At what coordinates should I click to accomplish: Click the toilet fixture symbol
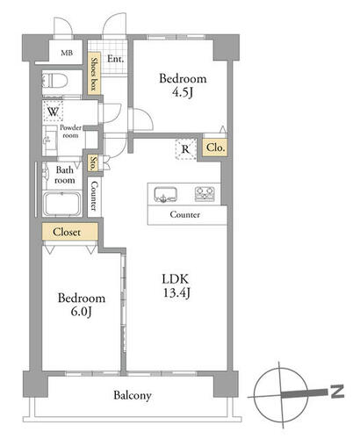click(55, 80)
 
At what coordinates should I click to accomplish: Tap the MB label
click(67, 53)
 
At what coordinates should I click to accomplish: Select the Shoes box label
click(94, 74)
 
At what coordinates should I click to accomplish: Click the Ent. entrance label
click(115, 59)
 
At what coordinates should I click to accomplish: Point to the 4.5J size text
click(183, 92)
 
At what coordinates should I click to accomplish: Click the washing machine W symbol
click(53, 112)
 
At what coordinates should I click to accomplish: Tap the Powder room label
click(70, 132)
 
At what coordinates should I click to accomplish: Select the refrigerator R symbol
click(185, 149)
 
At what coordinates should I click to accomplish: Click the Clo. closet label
click(215, 148)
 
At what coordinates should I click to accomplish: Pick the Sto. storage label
click(93, 163)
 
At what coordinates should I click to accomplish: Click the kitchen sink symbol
click(166, 195)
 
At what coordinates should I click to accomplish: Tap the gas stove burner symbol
click(205, 194)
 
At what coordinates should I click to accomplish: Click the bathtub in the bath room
click(62, 204)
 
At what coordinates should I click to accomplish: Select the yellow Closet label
click(67, 232)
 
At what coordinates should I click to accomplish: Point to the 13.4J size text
click(176, 292)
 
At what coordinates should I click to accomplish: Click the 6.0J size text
click(82, 312)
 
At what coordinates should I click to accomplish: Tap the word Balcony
click(133, 395)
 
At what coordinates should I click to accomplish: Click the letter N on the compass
click(337, 392)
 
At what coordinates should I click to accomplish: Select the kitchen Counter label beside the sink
click(185, 214)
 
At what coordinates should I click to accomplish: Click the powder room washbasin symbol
click(49, 140)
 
